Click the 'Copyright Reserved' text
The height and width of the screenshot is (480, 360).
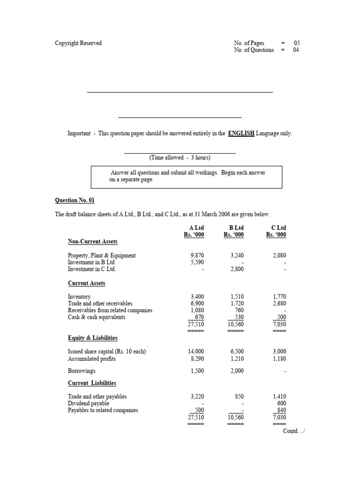(78, 43)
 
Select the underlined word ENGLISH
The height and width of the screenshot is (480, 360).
(241, 134)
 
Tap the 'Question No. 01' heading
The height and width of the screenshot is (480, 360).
(75, 200)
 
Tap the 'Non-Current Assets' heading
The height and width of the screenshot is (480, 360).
(92, 241)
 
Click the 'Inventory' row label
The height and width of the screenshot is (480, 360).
(79, 297)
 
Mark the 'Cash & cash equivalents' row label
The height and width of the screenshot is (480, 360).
(97, 317)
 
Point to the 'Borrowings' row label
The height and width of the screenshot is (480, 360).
(82, 371)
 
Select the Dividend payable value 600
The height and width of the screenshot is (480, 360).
(281, 403)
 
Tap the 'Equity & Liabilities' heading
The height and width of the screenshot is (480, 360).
(92, 337)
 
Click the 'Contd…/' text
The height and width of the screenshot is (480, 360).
(293, 431)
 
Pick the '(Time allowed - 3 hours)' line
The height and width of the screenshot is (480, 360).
(180, 157)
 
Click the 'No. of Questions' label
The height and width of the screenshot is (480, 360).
(254, 50)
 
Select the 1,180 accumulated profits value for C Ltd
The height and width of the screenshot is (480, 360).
(278, 359)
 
